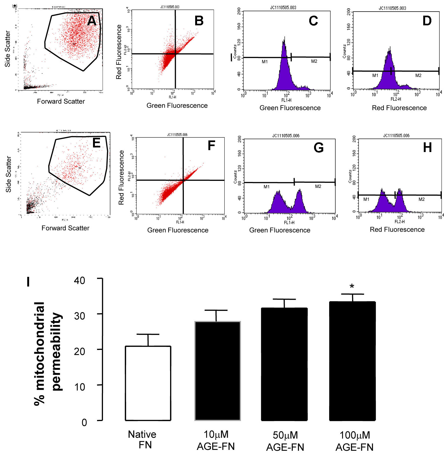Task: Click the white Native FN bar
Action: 148,383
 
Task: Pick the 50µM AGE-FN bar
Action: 284,364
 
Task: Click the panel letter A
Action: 92,21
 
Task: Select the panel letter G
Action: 318,148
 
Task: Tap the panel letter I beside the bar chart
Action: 28,282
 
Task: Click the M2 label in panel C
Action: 314,61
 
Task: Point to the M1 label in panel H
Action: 366,199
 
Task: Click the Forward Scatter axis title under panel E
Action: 65,228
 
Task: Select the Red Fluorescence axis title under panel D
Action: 399,108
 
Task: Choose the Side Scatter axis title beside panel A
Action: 8,49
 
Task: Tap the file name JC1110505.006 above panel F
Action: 177,135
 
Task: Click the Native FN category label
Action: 142,439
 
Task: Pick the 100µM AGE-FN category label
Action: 354,441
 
